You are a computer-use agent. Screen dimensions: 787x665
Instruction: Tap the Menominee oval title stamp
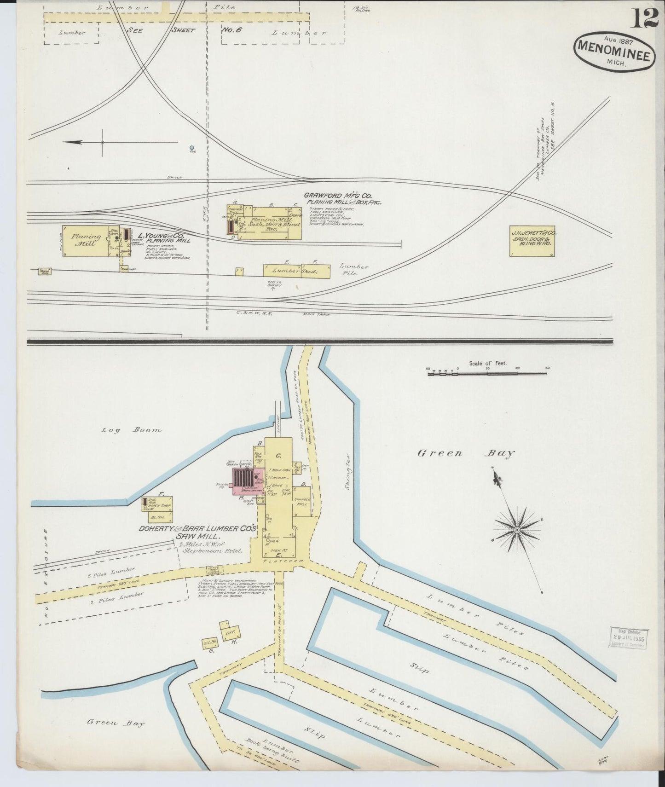point(614,52)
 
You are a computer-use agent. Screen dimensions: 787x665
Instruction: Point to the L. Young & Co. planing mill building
point(85,241)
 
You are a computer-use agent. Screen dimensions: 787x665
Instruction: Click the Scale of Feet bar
point(488,374)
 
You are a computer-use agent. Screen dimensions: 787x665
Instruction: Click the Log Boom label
point(132,430)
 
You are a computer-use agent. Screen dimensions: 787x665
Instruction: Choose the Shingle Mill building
point(302,502)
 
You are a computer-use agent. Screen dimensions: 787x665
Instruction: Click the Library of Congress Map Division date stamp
point(628,637)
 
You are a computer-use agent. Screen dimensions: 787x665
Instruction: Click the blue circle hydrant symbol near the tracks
point(191,148)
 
